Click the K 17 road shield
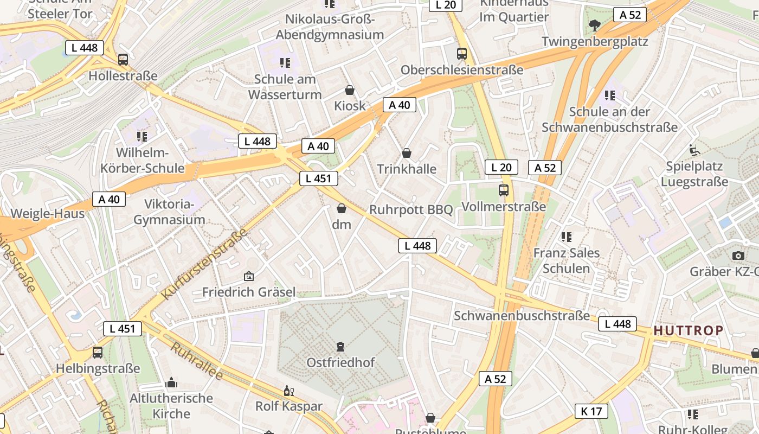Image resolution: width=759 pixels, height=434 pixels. [x=591, y=411]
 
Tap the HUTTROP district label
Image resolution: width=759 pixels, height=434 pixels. [x=688, y=330]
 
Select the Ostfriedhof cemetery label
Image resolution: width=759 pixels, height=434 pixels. [x=340, y=362]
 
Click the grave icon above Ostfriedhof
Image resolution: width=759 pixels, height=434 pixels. [x=340, y=346]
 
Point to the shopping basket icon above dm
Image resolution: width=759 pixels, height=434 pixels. [x=342, y=208]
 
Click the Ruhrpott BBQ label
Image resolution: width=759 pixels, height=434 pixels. [x=410, y=209]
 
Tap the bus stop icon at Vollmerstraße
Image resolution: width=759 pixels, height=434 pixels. [x=504, y=190]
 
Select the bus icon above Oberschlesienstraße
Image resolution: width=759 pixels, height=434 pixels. [x=461, y=54]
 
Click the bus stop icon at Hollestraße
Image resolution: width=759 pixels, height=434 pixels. [x=123, y=60]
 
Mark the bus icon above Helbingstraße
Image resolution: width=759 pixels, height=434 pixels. [x=98, y=353]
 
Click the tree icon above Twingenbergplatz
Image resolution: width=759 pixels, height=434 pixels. [x=595, y=25]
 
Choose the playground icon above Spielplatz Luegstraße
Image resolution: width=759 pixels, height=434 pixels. [x=694, y=150]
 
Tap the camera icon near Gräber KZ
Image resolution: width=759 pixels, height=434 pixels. [x=738, y=256]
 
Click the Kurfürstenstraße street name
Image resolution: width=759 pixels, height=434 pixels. [x=205, y=264]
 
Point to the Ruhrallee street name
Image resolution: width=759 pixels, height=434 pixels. [x=196, y=361]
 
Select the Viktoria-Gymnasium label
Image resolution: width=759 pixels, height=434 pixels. [x=169, y=212]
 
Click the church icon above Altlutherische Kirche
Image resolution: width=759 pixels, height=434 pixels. [x=171, y=383]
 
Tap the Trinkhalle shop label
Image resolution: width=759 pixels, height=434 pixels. [x=406, y=169]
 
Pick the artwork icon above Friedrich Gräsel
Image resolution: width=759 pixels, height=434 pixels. [x=249, y=277]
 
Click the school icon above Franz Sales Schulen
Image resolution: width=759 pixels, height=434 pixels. [x=567, y=237]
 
